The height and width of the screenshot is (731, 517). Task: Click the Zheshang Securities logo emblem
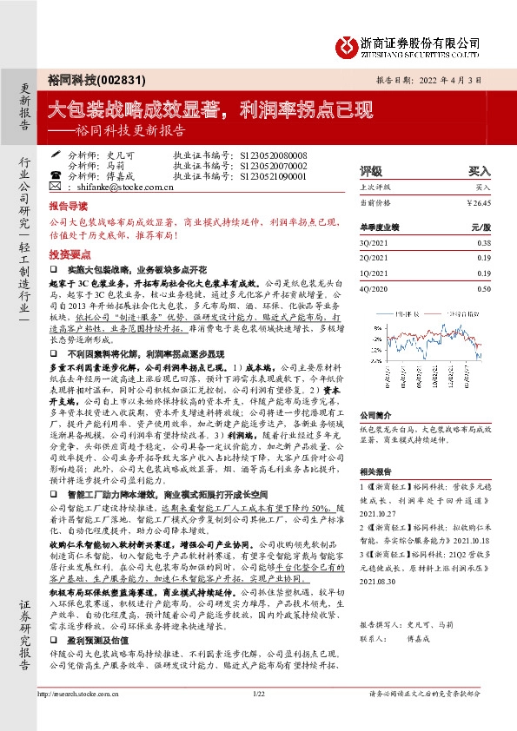(x=347, y=43)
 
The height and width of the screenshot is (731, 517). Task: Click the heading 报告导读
(x=67, y=208)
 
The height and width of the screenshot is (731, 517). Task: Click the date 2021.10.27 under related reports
(x=381, y=537)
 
